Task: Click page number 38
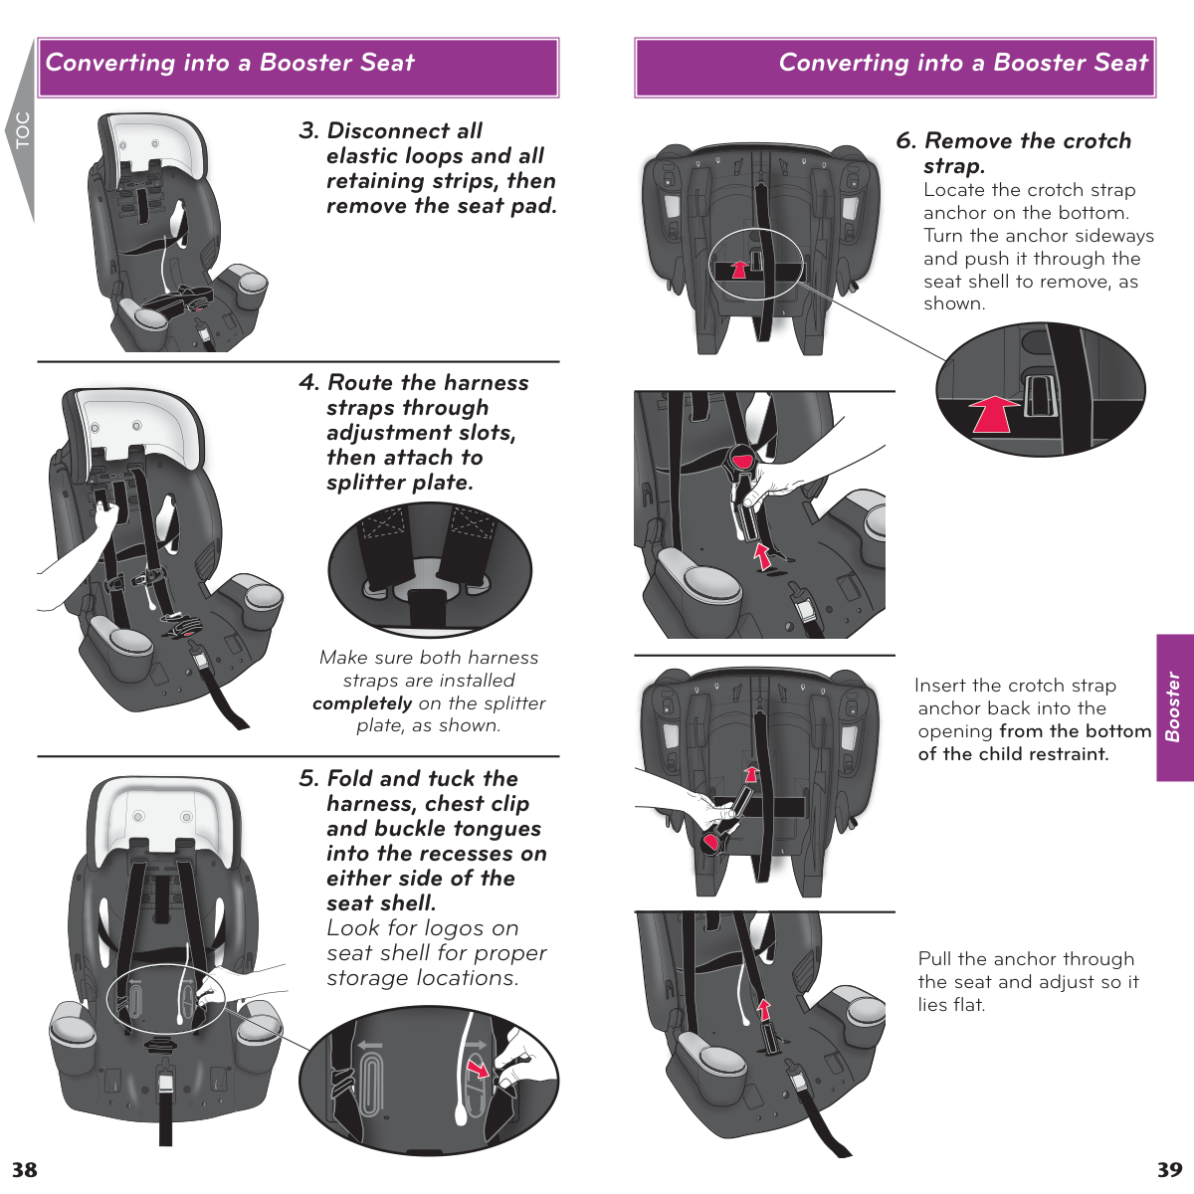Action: point(25,1169)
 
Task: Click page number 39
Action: point(1169,1169)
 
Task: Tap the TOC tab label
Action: point(22,130)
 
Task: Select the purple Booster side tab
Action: point(1175,707)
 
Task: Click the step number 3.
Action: point(308,131)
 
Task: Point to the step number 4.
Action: point(308,383)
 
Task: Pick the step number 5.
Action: point(308,779)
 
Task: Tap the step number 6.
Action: point(905,141)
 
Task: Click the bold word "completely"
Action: point(362,703)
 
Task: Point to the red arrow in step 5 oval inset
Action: point(479,1069)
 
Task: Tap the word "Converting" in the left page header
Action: point(110,63)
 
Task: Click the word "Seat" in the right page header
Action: point(1120,63)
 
